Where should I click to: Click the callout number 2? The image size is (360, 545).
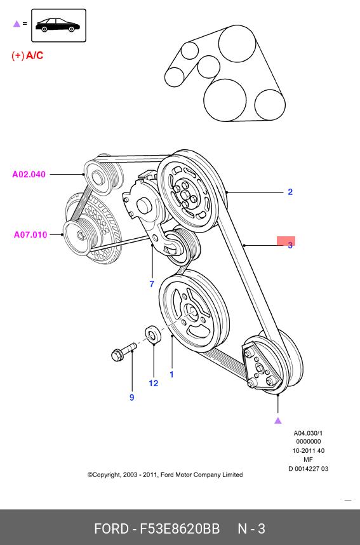pyautogui.click(x=290, y=192)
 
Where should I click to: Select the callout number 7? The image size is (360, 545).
pyautogui.click(x=152, y=284)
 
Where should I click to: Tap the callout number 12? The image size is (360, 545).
pyautogui.click(x=153, y=383)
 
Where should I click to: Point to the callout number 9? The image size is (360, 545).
pyautogui.click(x=131, y=397)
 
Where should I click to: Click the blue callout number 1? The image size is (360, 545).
pyautogui.click(x=171, y=374)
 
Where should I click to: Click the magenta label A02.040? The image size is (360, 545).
pyautogui.click(x=29, y=174)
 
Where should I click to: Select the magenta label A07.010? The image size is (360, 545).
pyautogui.click(x=30, y=234)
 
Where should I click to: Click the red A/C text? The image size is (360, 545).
pyautogui.click(x=34, y=55)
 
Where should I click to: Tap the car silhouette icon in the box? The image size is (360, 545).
pyautogui.click(x=58, y=25)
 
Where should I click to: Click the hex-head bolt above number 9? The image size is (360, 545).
pyautogui.click(x=123, y=351)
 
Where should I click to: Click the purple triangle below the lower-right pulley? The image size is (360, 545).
pyautogui.click(x=277, y=421)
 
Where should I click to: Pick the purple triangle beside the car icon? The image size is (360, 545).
pyautogui.click(x=17, y=24)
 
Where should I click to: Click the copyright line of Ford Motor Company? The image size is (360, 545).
pyautogui.click(x=165, y=474)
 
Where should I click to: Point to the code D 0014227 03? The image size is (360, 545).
pyautogui.click(x=308, y=469)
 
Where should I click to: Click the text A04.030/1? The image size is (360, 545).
pyautogui.click(x=308, y=433)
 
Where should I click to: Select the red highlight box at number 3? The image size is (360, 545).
pyautogui.click(x=286, y=241)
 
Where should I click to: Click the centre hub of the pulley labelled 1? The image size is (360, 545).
pyautogui.click(x=192, y=312)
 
